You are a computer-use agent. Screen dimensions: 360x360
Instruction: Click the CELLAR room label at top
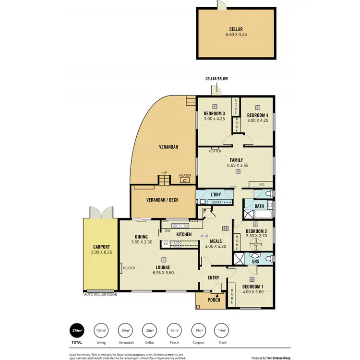pyautogui.click(x=236, y=29)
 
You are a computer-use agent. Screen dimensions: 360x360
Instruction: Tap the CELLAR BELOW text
pyautogui.click(x=216, y=79)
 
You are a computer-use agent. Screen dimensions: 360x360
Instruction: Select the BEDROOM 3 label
pyautogui.click(x=214, y=113)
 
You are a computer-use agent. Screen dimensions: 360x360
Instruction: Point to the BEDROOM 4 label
pyautogui.click(x=257, y=115)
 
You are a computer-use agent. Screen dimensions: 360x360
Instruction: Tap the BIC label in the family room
pyautogui.click(x=262, y=184)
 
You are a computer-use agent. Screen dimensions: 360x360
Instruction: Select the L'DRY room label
pyautogui.click(x=216, y=194)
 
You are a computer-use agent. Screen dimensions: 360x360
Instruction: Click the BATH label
pyautogui.click(x=259, y=206)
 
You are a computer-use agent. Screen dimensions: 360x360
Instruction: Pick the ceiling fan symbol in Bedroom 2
pyautogui.click(x=255, y=244)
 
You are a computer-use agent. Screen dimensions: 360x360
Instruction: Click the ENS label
pyautogui.click(x=255, y=262)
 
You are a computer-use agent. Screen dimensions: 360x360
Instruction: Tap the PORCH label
pyautogui.click(x=214, y=300)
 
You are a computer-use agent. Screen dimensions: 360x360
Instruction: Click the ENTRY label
pyautogui.click(x=213, y=278)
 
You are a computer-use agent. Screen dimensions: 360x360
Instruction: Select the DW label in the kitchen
pyautogui.click(x=167, y=230)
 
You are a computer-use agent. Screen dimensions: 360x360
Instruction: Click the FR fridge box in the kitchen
pyautogui.click(x=166, y=244)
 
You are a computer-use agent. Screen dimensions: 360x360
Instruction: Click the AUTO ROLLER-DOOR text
pyautogui.click(x=100, y=295)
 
